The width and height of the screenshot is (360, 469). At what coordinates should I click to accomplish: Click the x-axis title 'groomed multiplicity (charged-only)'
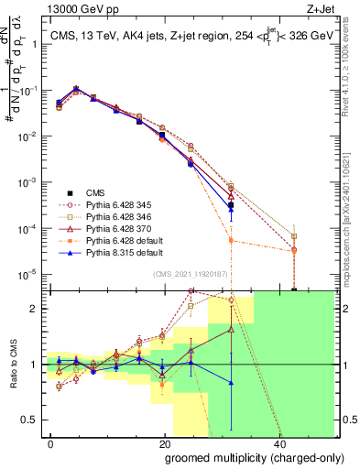(x=242, y=457)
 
